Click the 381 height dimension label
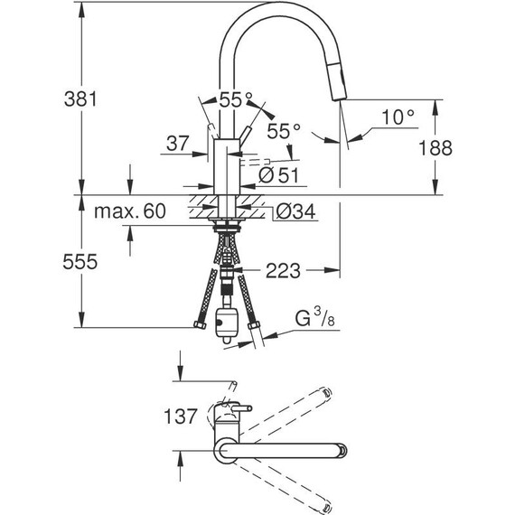80,98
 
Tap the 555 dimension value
80,262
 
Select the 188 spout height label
435,147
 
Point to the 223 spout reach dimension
283,271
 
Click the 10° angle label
398,117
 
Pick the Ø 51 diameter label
278,175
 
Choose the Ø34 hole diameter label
295,211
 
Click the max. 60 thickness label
130,211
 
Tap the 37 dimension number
178,143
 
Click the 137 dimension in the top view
181,417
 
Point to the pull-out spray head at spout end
339,81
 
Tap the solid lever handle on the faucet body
244,134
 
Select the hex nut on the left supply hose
200,325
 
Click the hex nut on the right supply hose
254,325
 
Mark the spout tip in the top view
342,451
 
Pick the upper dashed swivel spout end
327,392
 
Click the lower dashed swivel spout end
326,508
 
